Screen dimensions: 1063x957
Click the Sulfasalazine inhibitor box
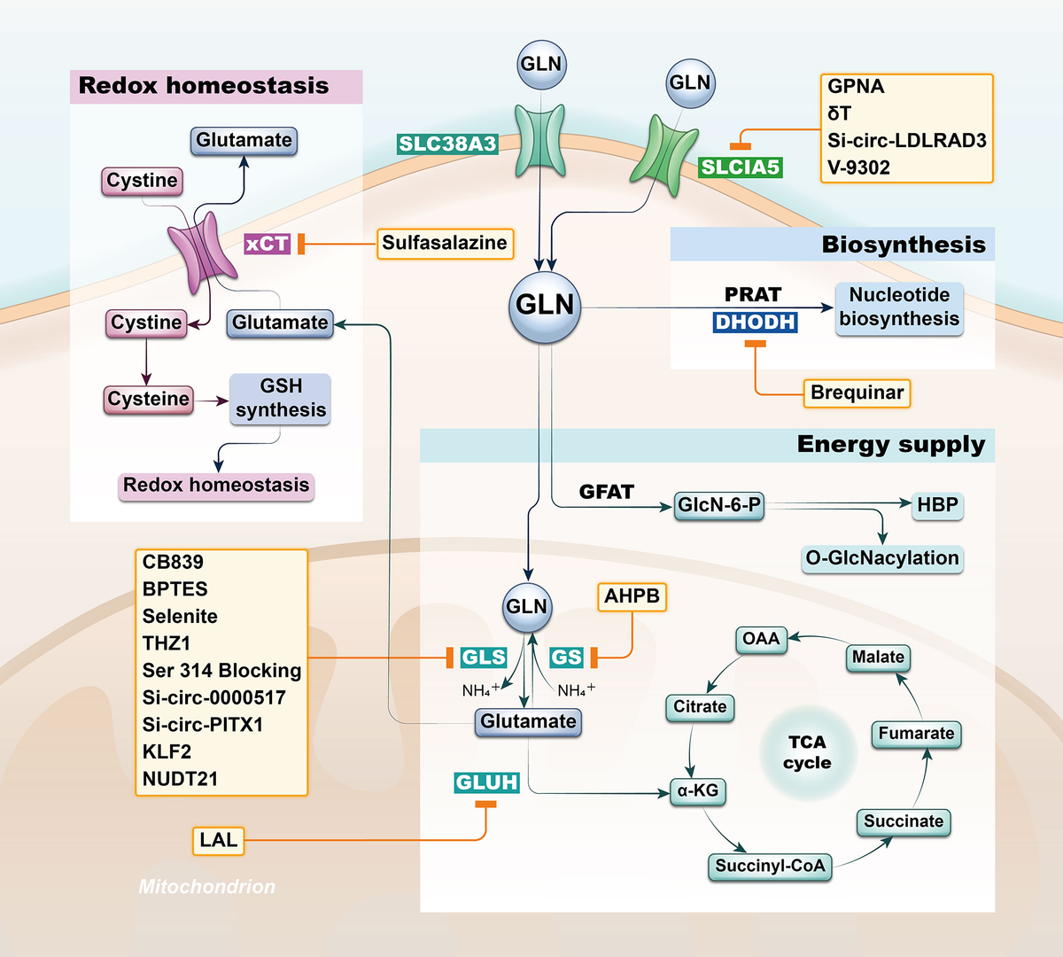(445, 244)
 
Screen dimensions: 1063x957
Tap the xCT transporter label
(267, 244)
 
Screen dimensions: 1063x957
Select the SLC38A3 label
(447, 144)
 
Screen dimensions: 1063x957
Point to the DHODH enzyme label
(755, 322)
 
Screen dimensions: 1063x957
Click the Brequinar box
(857, 393)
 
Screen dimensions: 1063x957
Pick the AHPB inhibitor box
(632, 597)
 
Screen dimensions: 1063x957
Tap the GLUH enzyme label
(486, 782)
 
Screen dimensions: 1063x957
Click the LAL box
(218, 840)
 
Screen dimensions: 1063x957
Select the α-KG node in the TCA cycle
(697, 791)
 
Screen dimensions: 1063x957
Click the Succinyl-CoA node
(770, 866)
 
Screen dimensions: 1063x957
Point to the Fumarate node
(916, 734)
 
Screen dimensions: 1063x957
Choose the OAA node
(761, 639)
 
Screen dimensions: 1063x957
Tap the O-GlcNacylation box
(882, 558)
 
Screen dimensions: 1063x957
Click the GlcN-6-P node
(719, 505)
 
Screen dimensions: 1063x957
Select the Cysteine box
(148, 400)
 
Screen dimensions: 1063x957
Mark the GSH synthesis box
(280, 399)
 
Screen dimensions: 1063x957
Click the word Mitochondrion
(206, 886)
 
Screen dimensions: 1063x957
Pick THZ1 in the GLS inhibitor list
(167, 643)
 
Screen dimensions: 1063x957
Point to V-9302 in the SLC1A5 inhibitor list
(858, 168)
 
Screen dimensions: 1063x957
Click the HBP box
(937, 505)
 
